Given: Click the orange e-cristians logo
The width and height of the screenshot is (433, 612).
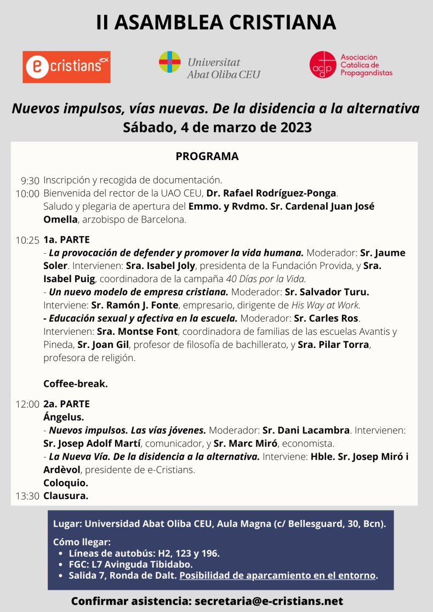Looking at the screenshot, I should point(66,67).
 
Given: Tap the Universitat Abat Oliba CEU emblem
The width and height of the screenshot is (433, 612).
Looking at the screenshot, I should point(170,62).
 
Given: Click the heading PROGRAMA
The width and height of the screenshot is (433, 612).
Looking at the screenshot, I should point(207,157).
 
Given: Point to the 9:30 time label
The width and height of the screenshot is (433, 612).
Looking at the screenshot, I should point(30,180).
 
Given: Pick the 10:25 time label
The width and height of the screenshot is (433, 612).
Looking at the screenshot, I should point(27,240).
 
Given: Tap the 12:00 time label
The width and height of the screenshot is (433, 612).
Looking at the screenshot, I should point(27,404).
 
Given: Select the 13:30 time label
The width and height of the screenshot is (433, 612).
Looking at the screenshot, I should point(27,496).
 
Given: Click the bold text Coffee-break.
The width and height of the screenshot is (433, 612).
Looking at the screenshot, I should point(76,384).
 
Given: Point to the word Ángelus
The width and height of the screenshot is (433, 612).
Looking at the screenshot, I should point(64,417).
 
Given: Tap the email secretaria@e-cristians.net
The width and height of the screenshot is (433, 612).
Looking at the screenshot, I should point(269,601).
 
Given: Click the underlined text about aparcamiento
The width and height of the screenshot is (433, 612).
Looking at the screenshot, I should point(278,575).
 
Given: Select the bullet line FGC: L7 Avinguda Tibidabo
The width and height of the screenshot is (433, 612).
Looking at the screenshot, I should point(130,564).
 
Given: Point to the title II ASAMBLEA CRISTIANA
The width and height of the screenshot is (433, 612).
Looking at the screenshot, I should point(216,22).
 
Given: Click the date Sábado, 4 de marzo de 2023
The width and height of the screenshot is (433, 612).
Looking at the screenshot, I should point(217,127).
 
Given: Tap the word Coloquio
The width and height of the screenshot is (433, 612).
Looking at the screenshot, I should point(66,483).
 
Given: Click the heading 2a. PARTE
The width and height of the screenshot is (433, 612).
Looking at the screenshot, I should point(66,404).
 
